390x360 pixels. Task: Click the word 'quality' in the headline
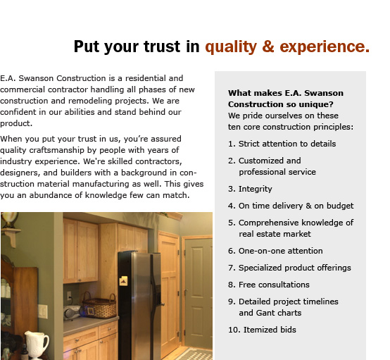tap(231, 47)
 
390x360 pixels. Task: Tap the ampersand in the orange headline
tap(268, 46)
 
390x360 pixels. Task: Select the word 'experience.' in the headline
tap(325, 47)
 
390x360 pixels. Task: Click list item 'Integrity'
tap(256, 190)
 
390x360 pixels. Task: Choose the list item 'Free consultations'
tap(274, 285)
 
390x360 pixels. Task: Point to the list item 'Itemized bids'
tap(270, 330)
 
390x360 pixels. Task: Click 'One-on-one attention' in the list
tap(281, 251)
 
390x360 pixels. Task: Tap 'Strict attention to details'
tap(287, 144)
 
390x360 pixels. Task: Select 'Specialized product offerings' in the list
tap(295, 268)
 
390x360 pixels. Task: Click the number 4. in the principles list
tap(232, 206)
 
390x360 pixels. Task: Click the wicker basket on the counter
tap(99, 306)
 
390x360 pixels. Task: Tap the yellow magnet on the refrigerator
tap(124, 281)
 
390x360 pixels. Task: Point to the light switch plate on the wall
tap(43, 311)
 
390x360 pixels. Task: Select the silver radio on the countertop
tap(72, 313)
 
